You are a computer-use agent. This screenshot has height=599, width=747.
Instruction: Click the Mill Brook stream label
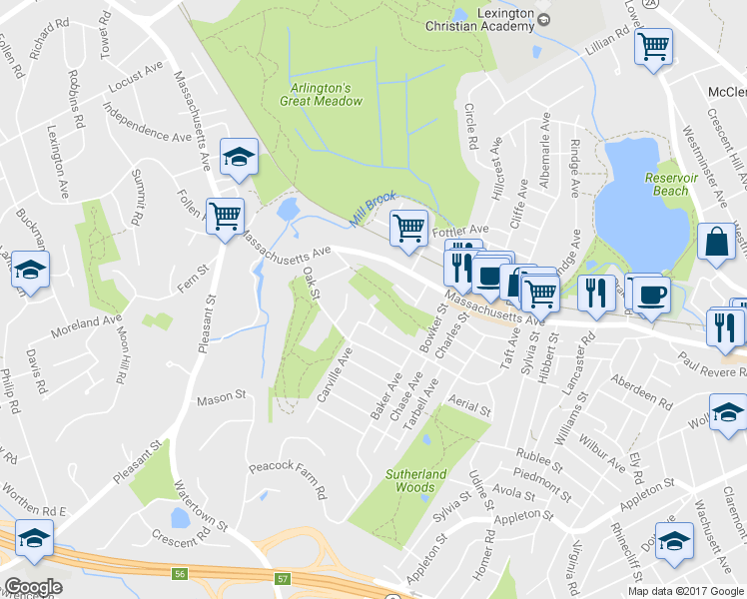click(x=373, y=207)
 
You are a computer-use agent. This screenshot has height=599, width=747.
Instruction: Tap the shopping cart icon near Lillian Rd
click(x=654, y=45)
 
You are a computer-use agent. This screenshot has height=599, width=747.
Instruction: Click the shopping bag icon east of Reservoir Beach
click(x=717, y=243)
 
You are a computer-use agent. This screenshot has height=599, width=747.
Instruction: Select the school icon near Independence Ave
click(x=239, y=157)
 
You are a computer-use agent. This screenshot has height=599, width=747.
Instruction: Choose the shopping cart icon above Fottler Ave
click(x=408, y=228)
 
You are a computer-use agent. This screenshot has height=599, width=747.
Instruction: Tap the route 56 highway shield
click(x=180, y=574)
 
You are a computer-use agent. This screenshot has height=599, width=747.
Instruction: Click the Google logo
click(x=32, y=587)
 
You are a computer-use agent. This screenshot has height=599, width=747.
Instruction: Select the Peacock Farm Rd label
click(x=288, y=478)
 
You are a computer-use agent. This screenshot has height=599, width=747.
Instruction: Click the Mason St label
click(x=221, y=397)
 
